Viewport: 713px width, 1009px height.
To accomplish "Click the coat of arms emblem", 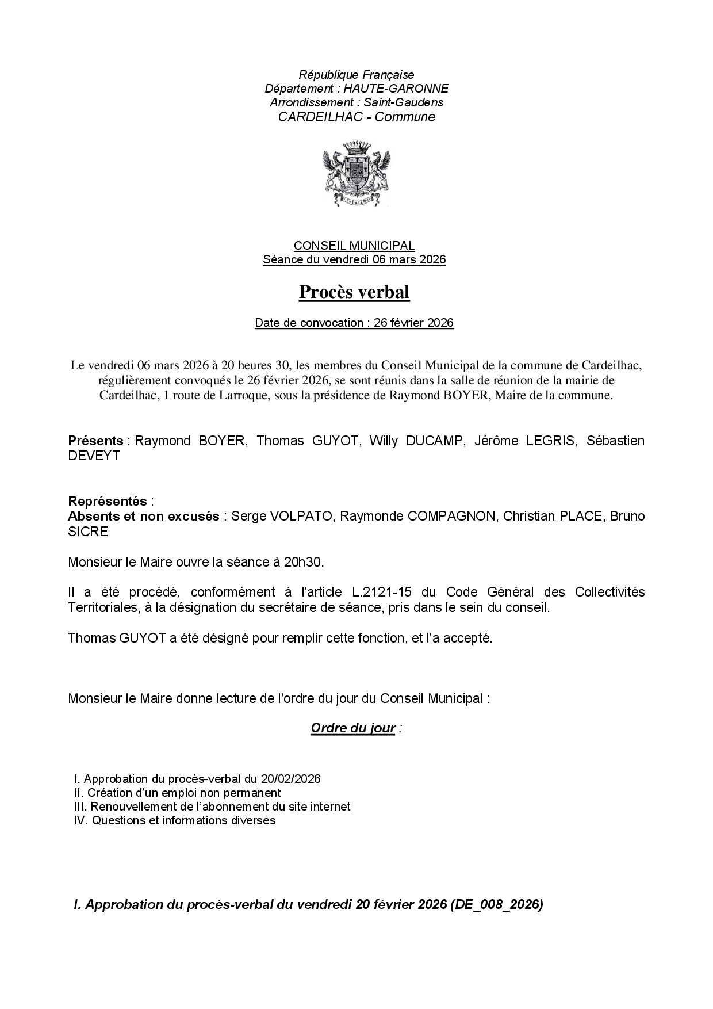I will coord(356,174).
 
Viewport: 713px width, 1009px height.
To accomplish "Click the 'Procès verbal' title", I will coord(354,292).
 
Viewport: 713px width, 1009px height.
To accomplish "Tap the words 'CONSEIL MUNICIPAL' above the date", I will coord(354,246).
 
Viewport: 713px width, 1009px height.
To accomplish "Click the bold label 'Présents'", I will coord(95,441).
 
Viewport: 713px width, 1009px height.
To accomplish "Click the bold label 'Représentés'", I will coord(108,501).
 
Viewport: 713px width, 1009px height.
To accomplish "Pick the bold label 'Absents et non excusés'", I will coord(143,516).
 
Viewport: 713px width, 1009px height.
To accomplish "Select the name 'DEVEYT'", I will coord(94,456).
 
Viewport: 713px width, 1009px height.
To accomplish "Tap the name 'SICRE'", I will coord(88,531).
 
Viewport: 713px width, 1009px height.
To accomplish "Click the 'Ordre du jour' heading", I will coord(353,728).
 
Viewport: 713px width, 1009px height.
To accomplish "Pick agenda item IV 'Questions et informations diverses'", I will coord(175,820).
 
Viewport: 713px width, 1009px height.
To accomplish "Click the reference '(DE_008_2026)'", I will coord(497,904).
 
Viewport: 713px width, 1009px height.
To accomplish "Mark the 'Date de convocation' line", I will coord(354,323).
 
